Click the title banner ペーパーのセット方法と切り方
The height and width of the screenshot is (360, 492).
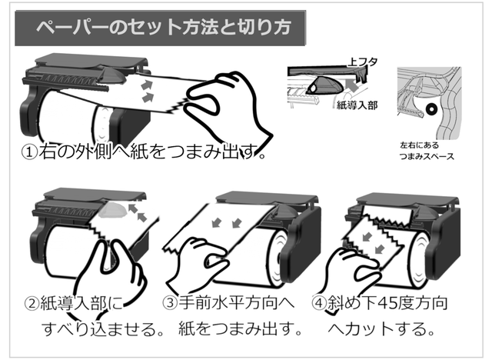162,29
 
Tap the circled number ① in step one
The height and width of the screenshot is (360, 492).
29,152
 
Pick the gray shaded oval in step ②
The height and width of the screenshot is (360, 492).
113,210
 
